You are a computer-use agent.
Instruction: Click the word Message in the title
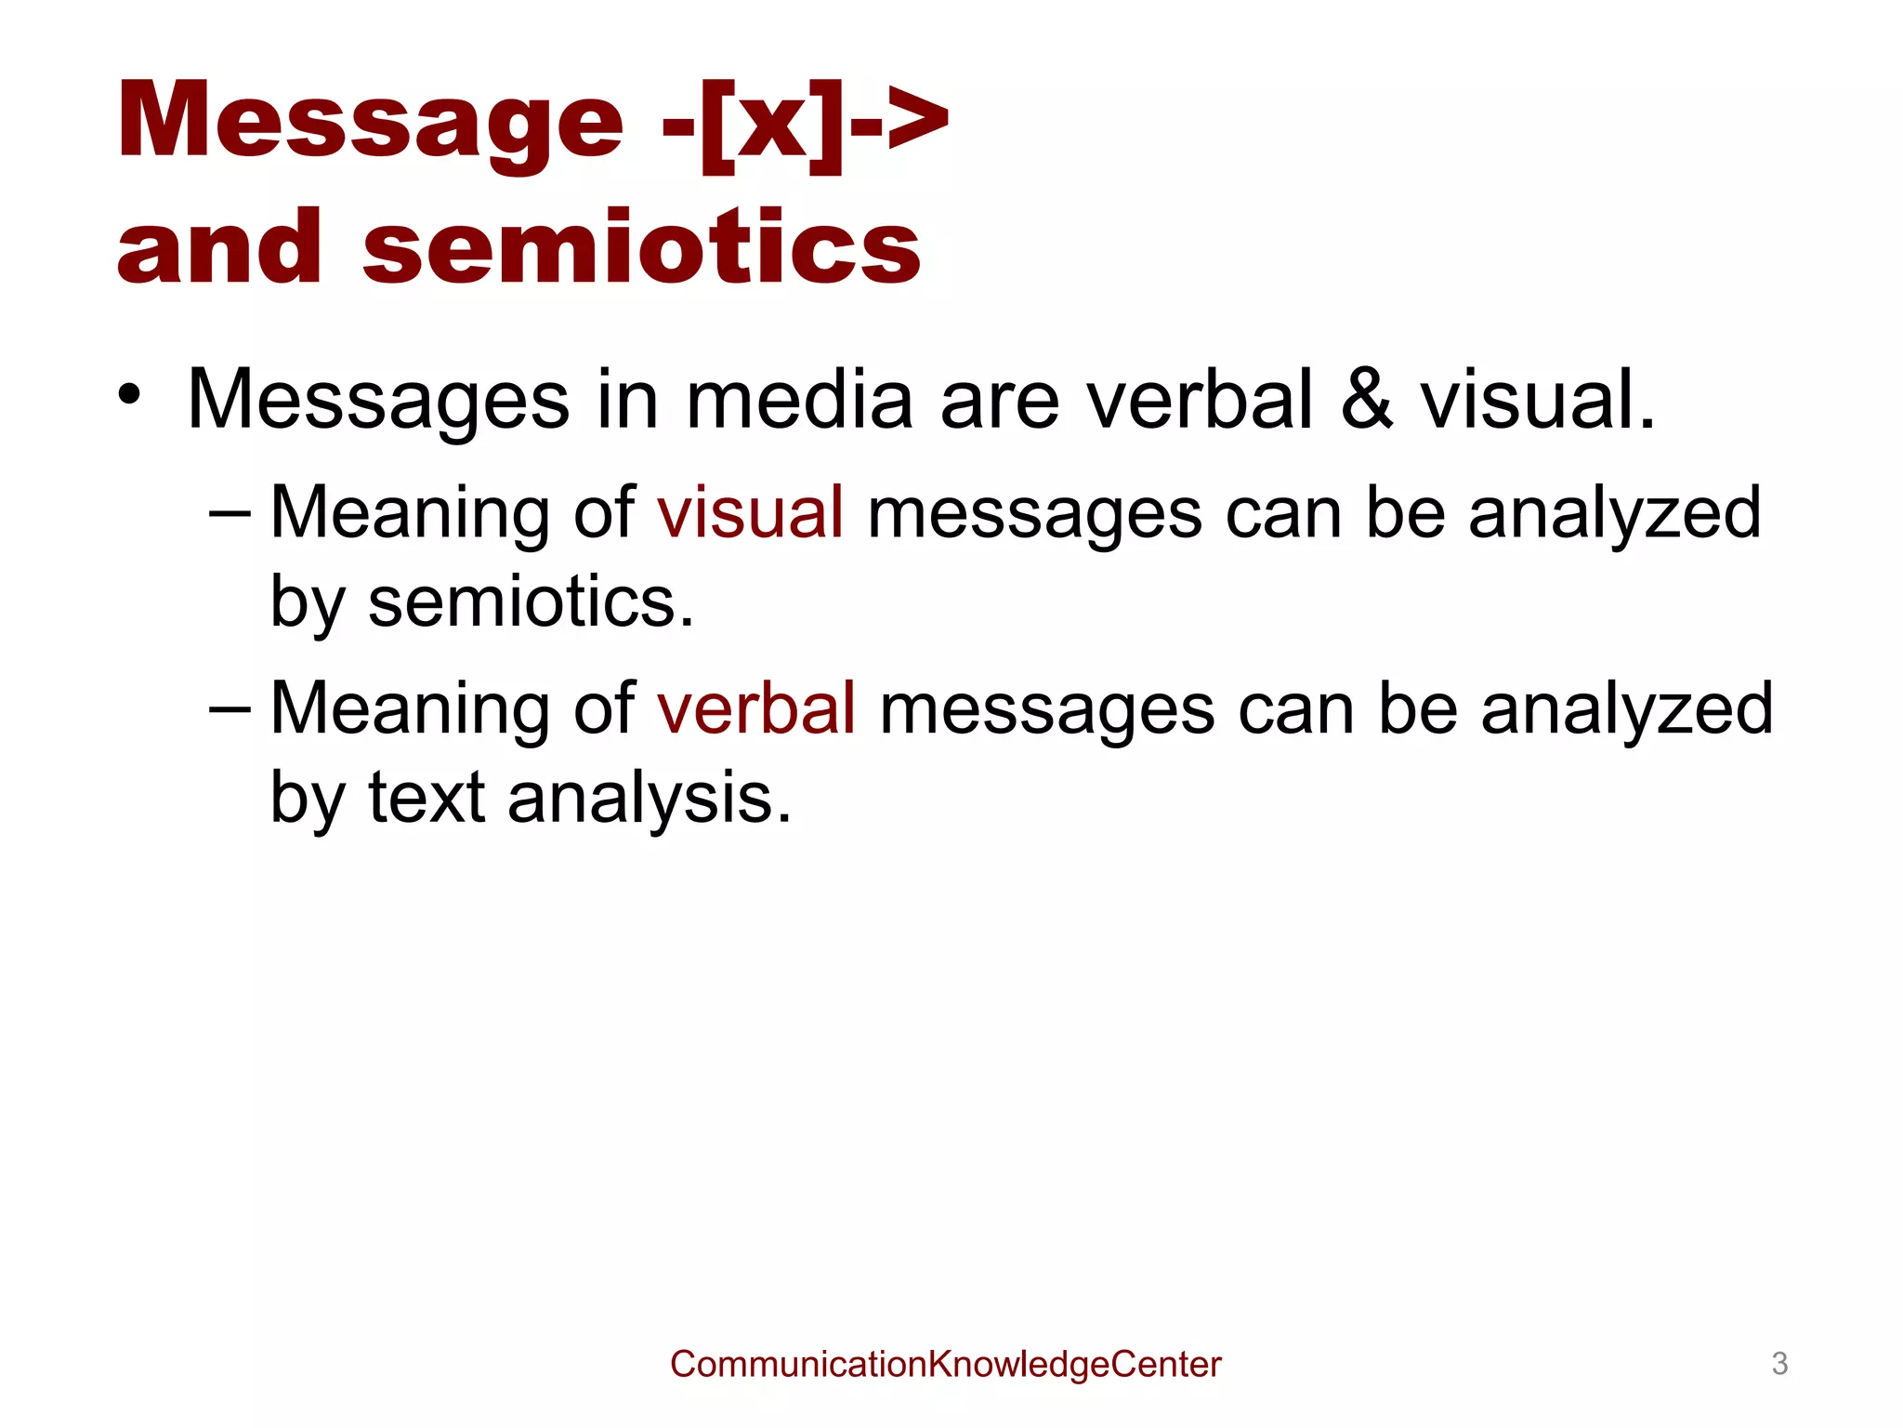(x=370, y=121)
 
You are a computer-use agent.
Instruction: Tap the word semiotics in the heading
(x=641, y=246)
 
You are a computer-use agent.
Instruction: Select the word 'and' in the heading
(x=219, y=246)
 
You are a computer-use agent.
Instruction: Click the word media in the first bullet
(x=799, y=400)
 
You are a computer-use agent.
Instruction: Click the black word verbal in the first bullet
(x=1200, y=400)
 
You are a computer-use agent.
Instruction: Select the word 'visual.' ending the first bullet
(x=1538, y=400)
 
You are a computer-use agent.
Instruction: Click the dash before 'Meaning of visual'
(x=230, y=512)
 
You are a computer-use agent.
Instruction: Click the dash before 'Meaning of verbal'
(x=230, y=708)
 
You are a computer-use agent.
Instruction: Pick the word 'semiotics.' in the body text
(x=531, y=602)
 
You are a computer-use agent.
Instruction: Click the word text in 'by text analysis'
(x=427, y=798)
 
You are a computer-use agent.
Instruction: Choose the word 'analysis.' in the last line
(x=650, y=798)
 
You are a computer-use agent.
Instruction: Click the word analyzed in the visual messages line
(x=1614, y=512)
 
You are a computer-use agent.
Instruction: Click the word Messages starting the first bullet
(x=378, y=400)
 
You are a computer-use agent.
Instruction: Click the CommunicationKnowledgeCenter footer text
(x=945, y=1364)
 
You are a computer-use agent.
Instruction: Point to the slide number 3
(x=1779, y=1364)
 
